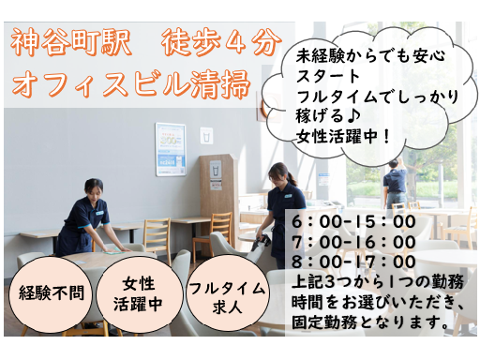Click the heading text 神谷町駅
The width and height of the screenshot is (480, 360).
click(70, 43)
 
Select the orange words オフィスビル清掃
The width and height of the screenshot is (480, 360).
click(131, 83)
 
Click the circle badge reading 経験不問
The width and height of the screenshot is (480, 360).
click(52, 292)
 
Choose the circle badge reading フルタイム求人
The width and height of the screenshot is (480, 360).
click(227, 296)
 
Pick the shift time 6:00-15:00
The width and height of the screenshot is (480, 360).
click(353, 222)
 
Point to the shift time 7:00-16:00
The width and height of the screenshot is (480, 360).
click(353, 242)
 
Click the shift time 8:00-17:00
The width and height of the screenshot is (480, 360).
click(353, 262)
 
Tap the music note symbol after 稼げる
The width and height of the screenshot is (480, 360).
click(353, 116)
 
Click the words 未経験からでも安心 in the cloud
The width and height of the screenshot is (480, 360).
click(370, 56)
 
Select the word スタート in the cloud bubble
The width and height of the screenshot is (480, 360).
click(328, 76)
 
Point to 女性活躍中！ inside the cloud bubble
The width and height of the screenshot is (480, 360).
click(343, 136)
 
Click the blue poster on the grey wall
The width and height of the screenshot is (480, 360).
click(171, 149)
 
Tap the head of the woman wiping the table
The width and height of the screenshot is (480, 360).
click(94, 188)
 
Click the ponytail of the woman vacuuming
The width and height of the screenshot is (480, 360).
click(292, 178)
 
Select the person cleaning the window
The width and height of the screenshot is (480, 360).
click(395, 185)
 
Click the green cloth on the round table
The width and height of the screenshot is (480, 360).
click(113, 250)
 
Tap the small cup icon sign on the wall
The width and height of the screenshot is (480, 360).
click(206, 136)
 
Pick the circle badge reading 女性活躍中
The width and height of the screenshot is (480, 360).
click(139, 294)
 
